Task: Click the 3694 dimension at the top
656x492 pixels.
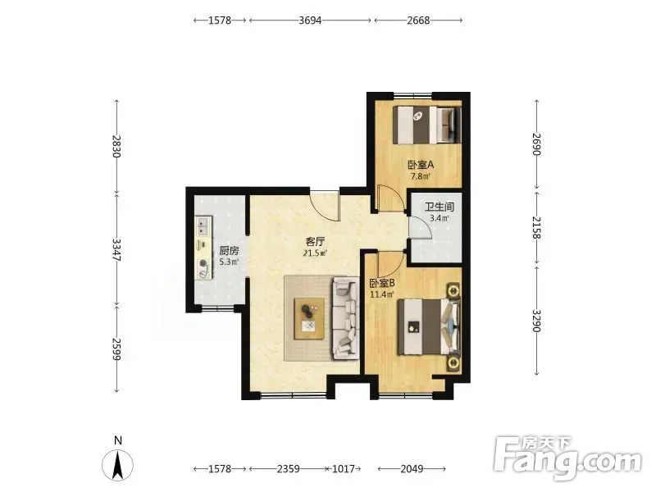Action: tap(310, 20)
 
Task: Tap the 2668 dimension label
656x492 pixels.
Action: tap(418, 20)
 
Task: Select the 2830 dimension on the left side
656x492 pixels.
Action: tap(116, 146)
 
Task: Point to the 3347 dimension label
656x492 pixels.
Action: tap(116, 250)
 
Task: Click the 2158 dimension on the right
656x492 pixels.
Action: tap(537, 228)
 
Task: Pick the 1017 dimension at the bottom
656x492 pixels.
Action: tap(344, 469)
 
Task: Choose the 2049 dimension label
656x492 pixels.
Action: tap(412, 469)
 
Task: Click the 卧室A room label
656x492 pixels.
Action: tap(421, 165)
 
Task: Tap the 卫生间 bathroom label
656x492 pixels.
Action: tap(440, 207)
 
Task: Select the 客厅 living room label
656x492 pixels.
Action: tap(315, 242)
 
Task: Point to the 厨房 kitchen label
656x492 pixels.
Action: tap(229, 251)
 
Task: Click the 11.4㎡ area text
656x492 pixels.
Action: tap(382, 294)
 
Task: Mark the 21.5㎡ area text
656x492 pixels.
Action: tap(315, 253)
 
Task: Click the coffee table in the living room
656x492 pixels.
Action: tap(309, 318)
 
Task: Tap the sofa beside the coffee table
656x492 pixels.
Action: tap(346, 318)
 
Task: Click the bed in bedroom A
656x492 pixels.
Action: tap(428, 125)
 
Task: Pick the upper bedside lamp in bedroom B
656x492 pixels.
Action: tap(453, 289)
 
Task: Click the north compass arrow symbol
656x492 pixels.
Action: tap(118, 465)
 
